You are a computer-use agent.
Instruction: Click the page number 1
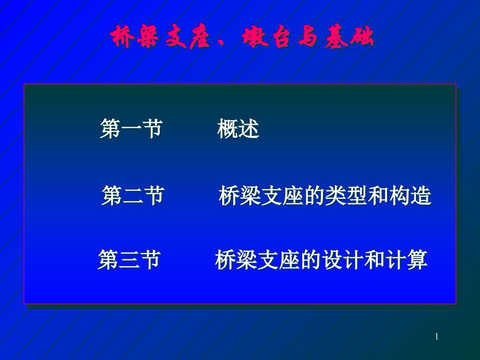pos(437,337)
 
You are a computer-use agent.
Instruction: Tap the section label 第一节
pos(131,128)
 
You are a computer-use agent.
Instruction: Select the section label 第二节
pos(133,195)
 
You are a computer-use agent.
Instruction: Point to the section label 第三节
pos(129,260)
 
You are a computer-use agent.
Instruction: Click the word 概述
pos(238,128)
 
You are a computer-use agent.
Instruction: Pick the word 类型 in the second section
pos(346,195)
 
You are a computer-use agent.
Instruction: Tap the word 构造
pos(410,195)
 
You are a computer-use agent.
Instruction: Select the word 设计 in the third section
pos(343,260)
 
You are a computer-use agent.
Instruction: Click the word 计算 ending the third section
pos(407,260)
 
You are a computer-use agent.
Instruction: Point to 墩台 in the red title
pos(266,37)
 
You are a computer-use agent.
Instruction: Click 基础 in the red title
pos(349,37)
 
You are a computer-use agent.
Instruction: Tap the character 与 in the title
pos(307,37)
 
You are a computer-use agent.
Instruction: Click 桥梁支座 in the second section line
pos(261,195)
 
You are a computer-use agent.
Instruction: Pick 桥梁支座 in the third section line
pos(257,260)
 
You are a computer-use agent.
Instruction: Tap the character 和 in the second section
pos(378,195)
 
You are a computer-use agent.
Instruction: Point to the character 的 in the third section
pos(311,260)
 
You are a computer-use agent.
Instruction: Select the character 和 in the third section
pos(375,260)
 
